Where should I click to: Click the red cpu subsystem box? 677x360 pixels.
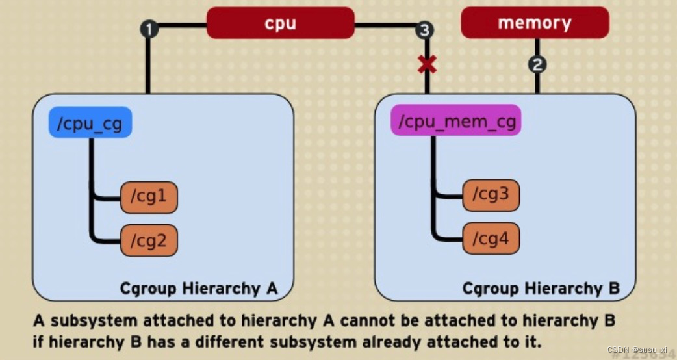click(x=280, y=23)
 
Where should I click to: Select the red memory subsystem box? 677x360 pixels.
click(x=535, y=23)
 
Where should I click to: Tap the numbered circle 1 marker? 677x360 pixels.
click(x=149, y=29)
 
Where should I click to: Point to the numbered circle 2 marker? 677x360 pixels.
click(x=537, y=64)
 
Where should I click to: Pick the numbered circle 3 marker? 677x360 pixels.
click(x=425, y=29)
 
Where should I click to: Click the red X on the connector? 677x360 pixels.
click(x=427, y=64)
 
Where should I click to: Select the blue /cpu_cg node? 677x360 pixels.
click(x=90, y=123)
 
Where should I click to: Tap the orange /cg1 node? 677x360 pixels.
click(x=149, y=197)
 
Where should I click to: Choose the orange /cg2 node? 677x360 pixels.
click(x=149, y=240)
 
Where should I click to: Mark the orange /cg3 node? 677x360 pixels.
click(x=491, y=195)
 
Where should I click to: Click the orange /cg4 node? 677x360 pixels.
click(x=491, y=238)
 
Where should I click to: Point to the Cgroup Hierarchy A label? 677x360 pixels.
click(x=199, y=288)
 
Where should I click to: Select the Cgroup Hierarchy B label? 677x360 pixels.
click(x=541, y=288)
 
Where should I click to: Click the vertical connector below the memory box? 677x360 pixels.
click(x=537, y=81)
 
